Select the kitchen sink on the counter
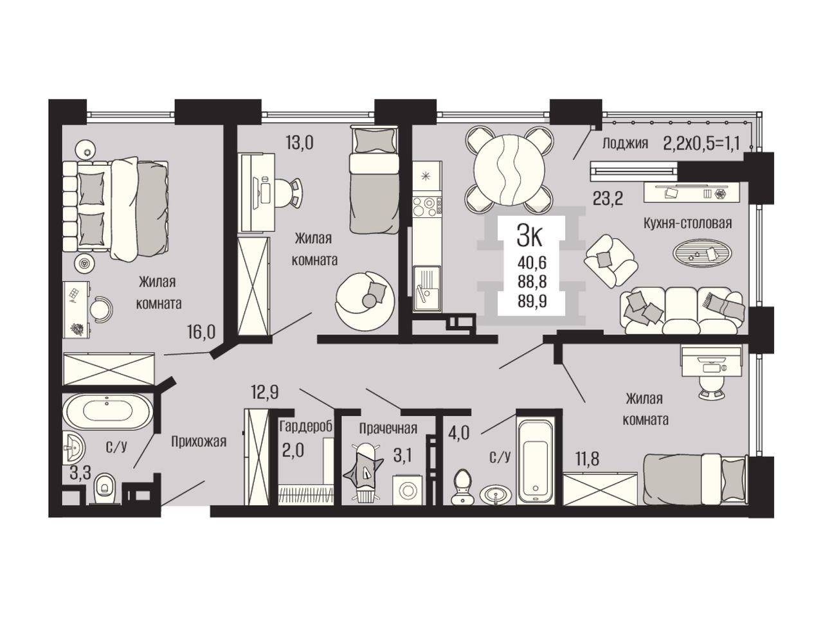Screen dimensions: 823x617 coord(427,288)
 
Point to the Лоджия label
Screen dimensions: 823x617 coord(625,143)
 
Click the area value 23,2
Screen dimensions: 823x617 coord(608,199)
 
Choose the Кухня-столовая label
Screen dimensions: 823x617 coord(687,223)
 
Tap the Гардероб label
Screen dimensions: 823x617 coord(306,426)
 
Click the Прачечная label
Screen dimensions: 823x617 coord(388,428)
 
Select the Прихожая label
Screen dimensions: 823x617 coord(199,442)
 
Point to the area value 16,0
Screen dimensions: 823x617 coord(201,332)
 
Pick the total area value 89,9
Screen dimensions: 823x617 coord(532,301)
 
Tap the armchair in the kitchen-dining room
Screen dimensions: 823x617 coord(610,260)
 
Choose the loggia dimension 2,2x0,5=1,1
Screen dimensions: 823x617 coord(701,143)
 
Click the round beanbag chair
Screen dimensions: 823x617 coord(365,301)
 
